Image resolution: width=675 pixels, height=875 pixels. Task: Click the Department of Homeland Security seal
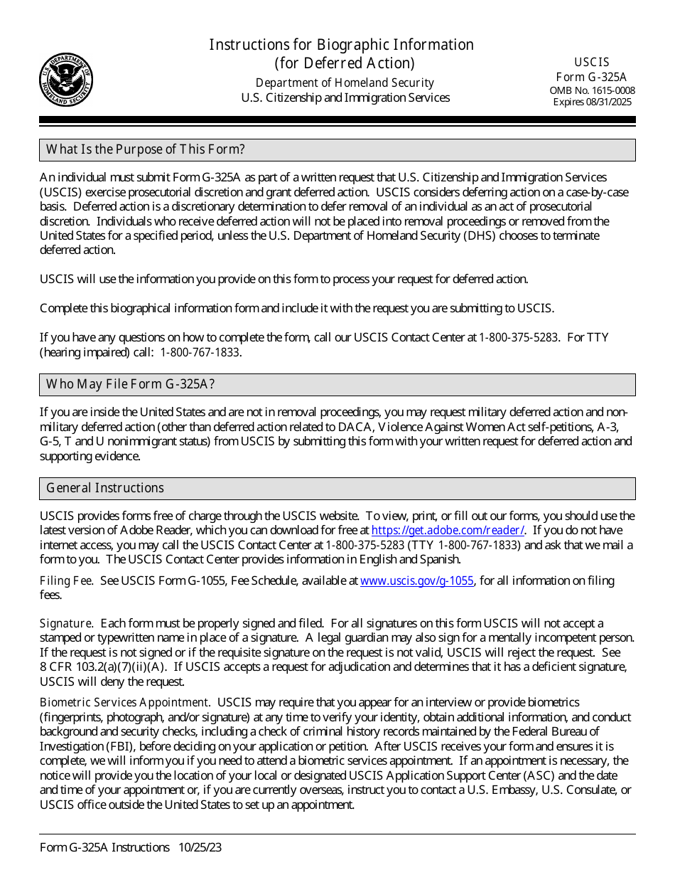click(x=65, y=80)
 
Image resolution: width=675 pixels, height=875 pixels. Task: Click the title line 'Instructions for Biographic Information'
click(x=341, y=45)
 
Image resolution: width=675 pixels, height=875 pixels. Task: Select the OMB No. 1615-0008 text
click(x=592, y=90)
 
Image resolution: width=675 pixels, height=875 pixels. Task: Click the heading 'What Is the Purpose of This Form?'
click(x=146, y=149)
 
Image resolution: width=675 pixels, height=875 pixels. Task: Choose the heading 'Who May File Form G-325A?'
click(x=130, y=384)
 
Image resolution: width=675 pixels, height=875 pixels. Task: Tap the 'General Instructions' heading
click(x=105, y=488)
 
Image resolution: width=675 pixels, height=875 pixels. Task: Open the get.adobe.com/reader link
click(x=448, y=530)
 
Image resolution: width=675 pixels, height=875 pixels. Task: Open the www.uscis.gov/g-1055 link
click(x=416, y=580)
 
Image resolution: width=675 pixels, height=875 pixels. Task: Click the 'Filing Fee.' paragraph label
click(x=66, y=580)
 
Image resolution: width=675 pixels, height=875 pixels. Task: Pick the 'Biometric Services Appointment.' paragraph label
click(x=124, y=702)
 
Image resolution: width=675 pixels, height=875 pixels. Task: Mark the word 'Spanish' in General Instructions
click(x=440, y=558)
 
